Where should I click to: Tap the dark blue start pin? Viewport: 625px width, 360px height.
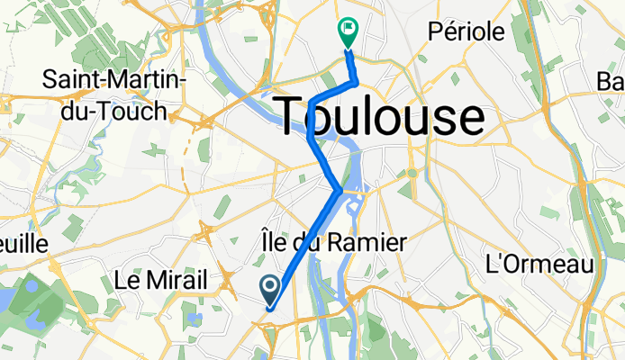pos(270,289)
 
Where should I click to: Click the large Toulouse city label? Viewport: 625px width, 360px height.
pos(379,117)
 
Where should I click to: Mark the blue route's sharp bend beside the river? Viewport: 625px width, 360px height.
pos(338,190)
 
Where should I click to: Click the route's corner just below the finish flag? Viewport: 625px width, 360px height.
pos(358,83)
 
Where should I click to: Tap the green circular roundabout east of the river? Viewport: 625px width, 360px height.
pos(412,172)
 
